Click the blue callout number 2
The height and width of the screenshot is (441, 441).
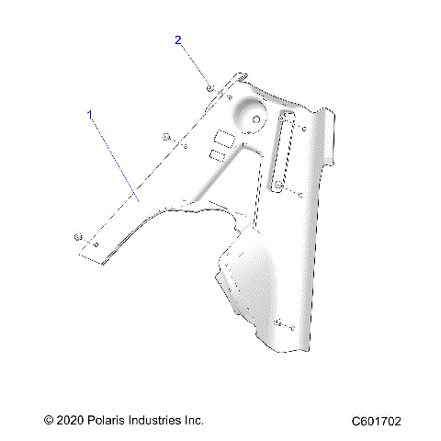pyautogui.click(x=178, y=40)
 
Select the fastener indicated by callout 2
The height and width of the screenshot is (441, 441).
pyautogui.click(x=209, y=86)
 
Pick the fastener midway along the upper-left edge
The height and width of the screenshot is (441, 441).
pyautogui.click(x=165, y=137)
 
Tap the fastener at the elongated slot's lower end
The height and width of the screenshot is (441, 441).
pyautogui.click(x=277, y=187)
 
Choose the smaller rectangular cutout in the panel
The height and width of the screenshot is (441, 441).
pyautogui.click(x=218, y=156)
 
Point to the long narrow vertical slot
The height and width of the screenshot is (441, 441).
pyautogui.click(x=285, y=152)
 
